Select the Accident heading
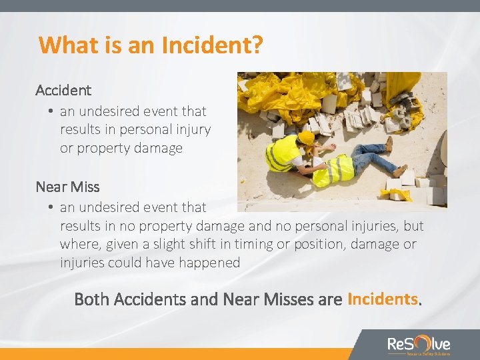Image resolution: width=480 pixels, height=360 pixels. point(63,89)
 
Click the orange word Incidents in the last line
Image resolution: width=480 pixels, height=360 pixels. point(383,299)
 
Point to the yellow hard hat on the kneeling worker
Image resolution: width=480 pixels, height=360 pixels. point(306,137)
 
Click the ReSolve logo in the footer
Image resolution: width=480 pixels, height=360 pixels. point(419,345)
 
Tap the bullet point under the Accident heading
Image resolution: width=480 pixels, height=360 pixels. point(51,112)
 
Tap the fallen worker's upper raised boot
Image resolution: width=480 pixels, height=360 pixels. point(389,144)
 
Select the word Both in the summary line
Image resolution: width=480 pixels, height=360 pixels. point(92,299)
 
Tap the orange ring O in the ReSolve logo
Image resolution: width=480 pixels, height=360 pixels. point(420,343)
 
